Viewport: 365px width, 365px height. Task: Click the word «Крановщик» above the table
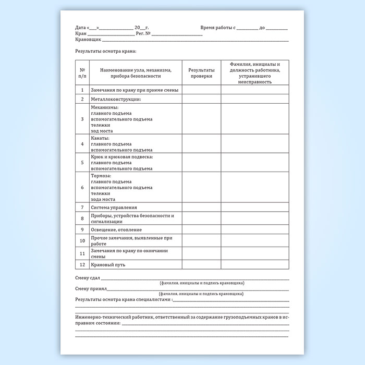pos(88,40)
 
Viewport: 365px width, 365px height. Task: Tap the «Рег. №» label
pos(143,33)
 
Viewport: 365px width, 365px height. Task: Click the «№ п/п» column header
pos(82,72)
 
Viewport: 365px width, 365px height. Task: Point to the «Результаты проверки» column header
pos(201,72)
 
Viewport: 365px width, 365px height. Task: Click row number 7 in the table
pos(82,207)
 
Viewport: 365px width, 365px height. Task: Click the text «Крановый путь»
pos(108,265)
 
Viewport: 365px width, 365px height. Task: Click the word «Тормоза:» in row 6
pos(100,176)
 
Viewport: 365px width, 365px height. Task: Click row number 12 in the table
pos(82,265)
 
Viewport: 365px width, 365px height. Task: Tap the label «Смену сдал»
pos(88,278)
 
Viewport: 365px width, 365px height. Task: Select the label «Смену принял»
pos(91,288)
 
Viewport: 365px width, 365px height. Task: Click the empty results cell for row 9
pos(201,229)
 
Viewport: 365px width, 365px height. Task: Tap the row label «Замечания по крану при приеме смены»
pos(135,90)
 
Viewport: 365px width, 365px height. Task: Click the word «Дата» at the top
pos(80,27)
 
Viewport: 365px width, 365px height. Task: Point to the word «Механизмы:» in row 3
pos(104,107)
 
